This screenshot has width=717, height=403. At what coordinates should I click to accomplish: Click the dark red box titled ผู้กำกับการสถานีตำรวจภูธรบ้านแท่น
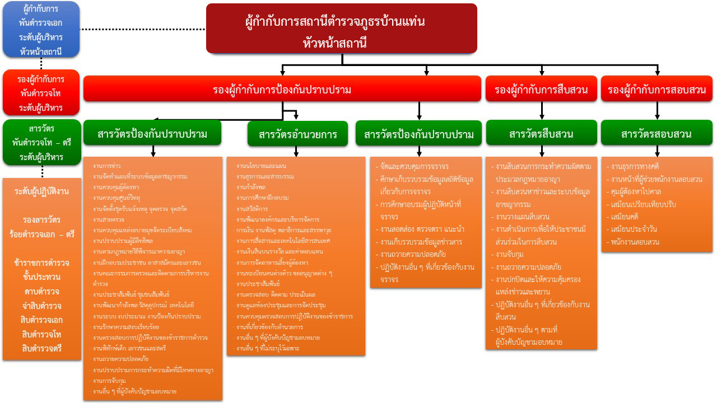pyautogui.click(x=341, y=29)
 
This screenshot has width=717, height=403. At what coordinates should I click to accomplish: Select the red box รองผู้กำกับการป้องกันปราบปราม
pyautogui.click(x=282, y=89)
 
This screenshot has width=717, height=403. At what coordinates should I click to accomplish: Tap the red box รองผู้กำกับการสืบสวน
pyautogui.click(x=541, y=89)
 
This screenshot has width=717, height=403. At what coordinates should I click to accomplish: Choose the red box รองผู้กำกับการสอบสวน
pyautogui.click(x=657, y=89)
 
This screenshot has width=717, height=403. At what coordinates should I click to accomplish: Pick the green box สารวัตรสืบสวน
pyautogui.click(x=541, y=134)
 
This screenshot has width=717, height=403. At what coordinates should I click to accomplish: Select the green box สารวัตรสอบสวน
pyautogui.click(x=657, y=134)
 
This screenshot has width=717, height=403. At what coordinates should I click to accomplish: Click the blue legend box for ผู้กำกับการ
pyautogui.click(x=41, y=30)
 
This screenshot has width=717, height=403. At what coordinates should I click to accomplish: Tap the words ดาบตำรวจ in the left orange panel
pyautogui.click(x=42, y=292)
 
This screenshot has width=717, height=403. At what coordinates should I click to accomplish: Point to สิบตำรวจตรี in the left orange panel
pyautogui.click(x=42, y=348)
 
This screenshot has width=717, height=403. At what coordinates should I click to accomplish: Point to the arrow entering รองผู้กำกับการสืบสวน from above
pyautogui.click(x=541, y=71)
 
